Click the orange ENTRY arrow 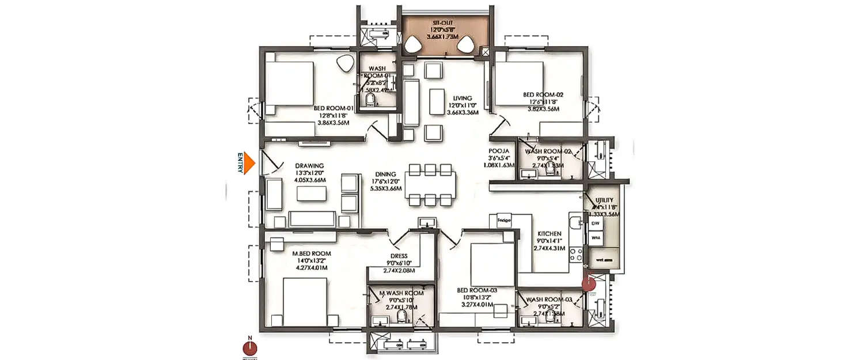(x=248, y=163)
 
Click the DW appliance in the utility (x=594, y=222)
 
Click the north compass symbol (x=250, y=348)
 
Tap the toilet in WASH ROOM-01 (x=371, y=101)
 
